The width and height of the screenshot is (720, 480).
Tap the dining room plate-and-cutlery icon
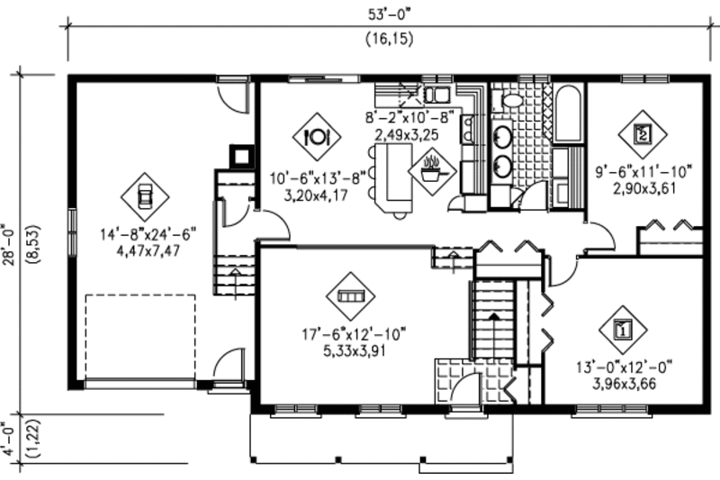316,136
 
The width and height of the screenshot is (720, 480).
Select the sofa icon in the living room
346,294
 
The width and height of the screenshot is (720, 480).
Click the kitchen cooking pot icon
431,168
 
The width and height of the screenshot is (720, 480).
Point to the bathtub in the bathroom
567,114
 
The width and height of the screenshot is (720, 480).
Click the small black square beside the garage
240,154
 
